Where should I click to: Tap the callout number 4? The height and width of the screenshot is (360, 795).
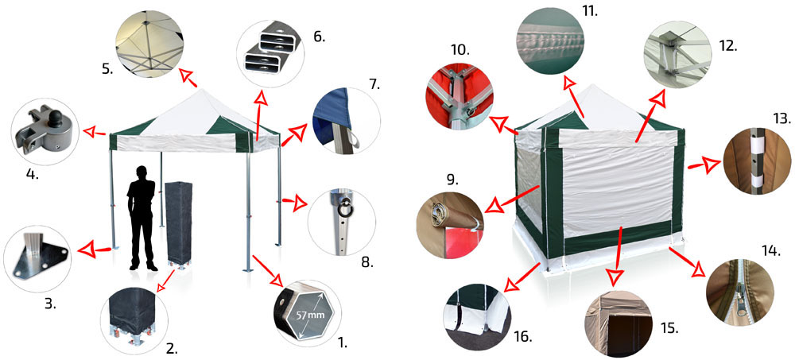pyautogui.click(x=32, y=176)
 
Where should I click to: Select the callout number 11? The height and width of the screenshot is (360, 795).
pyautogui.click(x=588, y=9)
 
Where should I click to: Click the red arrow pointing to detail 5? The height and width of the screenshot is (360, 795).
pyautogui.click(x=188, y=78)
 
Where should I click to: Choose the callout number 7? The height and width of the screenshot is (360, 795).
pyautogui.click(x=374, y=83)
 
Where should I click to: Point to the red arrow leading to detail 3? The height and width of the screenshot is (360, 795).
pyautogui.click(x=93, y=249)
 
